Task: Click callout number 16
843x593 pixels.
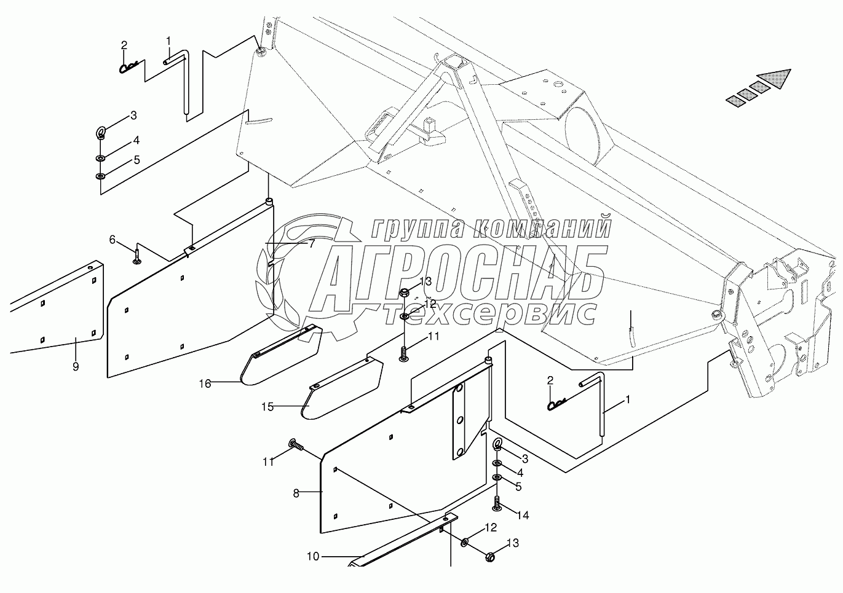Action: tap(205, 384)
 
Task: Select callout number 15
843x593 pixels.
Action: tap(266, 407)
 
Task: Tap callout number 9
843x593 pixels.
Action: tap(76, 367)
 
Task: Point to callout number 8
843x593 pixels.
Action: tap(296, 493)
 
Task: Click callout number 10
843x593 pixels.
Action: tap(313, 557)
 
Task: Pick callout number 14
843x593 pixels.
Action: tap(523, 515)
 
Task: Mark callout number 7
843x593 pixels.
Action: tap(312, 244)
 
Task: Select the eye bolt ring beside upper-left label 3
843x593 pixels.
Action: tap(100, 132)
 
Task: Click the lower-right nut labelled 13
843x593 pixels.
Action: tap(490, 557)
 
